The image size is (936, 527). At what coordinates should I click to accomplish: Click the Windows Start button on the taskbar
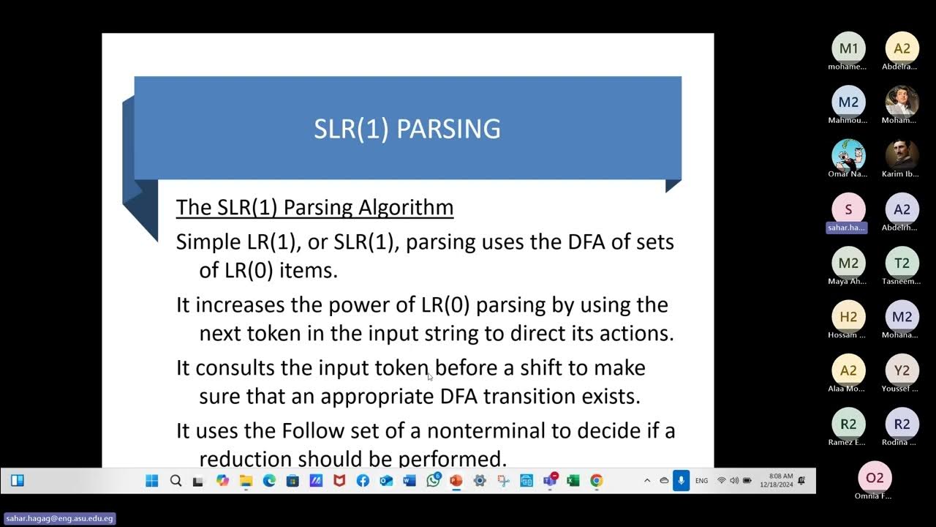pyautogui.click(x=152, y=481)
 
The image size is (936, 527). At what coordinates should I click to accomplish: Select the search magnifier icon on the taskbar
pyautogui.click(x=175, y=481)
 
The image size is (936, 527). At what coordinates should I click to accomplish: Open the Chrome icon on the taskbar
pyautogui.click(x=597, y=481)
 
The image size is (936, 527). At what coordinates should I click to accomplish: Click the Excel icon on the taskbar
pyautogui.click(x=573, y=481)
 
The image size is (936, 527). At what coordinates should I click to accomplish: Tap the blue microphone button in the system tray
pyautogui.click(x=681, y=481)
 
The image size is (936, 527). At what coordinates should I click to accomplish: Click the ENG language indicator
pyautogui.click(x=701, y=481)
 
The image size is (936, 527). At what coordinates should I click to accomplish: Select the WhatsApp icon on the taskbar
pyautogui.click(x=433, y=481)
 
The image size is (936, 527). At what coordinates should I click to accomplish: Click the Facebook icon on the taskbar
pyautogui.click(x=363, y=481)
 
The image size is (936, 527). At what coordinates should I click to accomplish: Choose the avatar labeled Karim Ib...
pyautogui.click(x=902, y=154)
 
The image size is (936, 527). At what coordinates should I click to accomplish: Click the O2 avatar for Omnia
pyautogui.click(x=875, y=478)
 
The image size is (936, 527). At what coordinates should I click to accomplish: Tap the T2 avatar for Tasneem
pyautogui.click(x=902, y=263)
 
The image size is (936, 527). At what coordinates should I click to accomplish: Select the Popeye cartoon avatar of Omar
pyautogui.click(x=848, y=154)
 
